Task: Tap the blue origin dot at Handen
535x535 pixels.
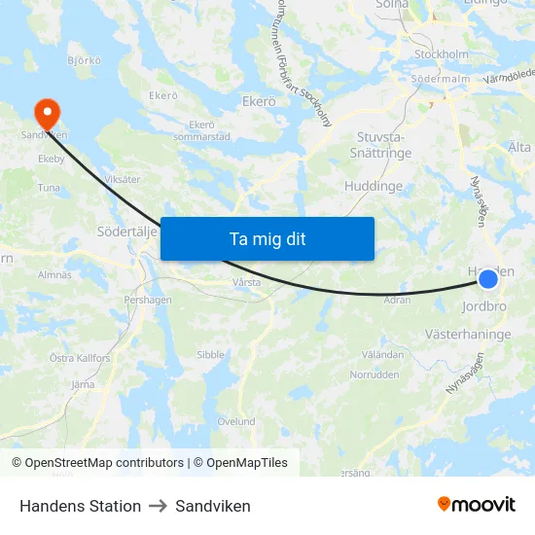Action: (x=488, y=279)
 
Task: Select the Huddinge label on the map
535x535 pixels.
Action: (x=374, y=186)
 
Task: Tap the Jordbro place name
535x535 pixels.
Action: (x=483, y=305)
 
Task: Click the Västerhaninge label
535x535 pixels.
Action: (x=468, y=334)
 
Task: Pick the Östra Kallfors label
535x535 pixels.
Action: (x=82, y=358)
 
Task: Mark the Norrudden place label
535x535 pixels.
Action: (x=374, y=374)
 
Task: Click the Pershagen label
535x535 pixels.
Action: (x=148, y=301)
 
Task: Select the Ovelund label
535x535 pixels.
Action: (x=236, y=421)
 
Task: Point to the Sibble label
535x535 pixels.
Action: (x=210, y=356)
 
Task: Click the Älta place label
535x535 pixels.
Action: (x=519, y=147)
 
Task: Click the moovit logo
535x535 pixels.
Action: (x=477, y=504)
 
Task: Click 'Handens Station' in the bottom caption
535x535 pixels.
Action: (x=80, y=506)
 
